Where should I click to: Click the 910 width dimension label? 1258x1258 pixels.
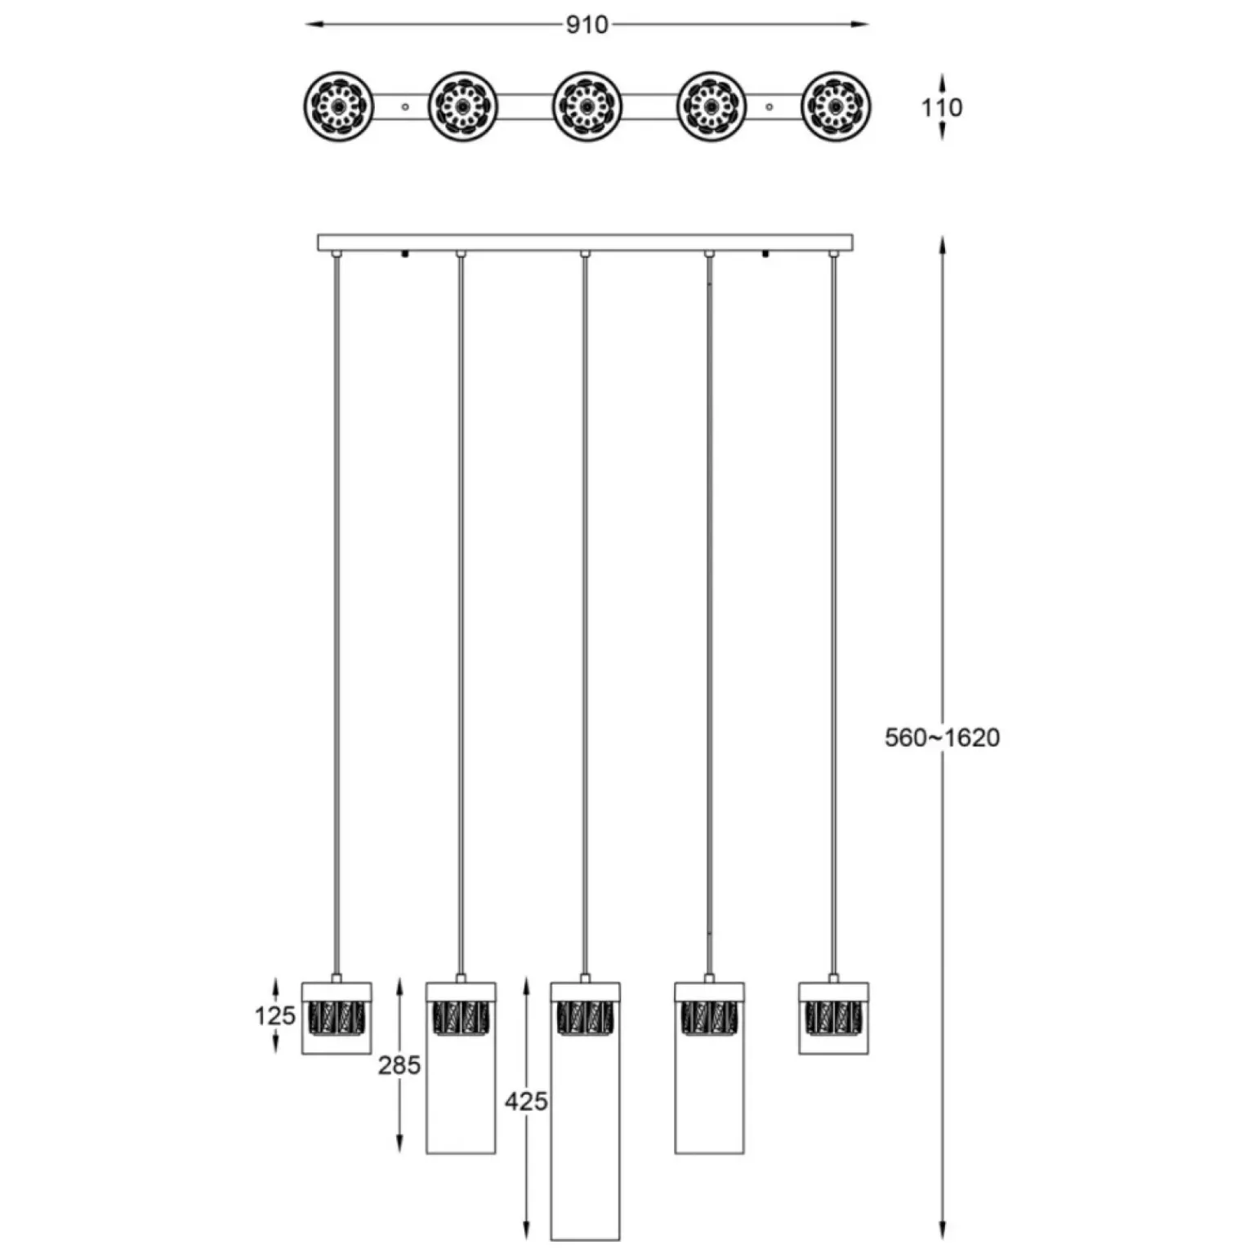pyautogui.click(x=587, y=25)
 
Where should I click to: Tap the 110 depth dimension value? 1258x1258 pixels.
pyautogui.click(x=942, y=107)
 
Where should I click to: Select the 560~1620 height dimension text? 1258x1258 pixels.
pyautogui.click(x=942, y=738)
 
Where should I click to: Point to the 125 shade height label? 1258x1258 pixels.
pyautogui.click(x=274, y=1015)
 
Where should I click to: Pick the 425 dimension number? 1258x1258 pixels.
pyautogui.click(x=525, y=1101)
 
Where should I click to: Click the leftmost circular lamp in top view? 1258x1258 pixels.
pyautogui.click(x=339, y=106)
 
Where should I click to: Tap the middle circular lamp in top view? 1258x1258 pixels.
pyautogui.click(x=587, y=106)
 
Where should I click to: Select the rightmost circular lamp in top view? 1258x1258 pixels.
pyautogui.click(x=836, y=106)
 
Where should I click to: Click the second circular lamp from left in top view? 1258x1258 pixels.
pyautogui.click(x=463, y=106)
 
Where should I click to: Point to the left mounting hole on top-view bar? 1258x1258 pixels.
pyautogui.click(x=405, y=106)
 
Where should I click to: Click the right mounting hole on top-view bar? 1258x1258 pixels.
pyautogui.click(x=770, y=106)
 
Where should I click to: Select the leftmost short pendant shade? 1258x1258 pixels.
pyautogui.click(x=337, y=1018)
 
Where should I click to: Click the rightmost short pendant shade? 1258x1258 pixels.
pyautogui.click(x=833, y=1018)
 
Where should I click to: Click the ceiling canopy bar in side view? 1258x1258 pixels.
pyautogui.click(x=585, y=243)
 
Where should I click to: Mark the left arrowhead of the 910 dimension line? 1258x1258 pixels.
pyautogui.click(x=311, y=25)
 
